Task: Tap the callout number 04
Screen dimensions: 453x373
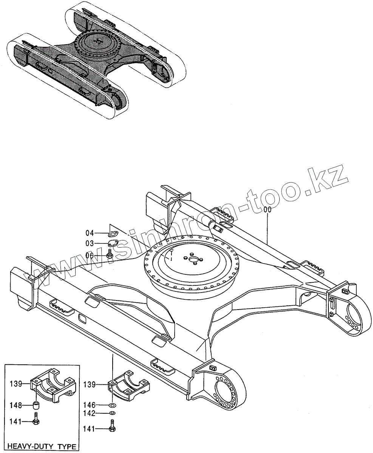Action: [x=89, y=233]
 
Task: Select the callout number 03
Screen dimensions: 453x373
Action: [x=89, y=244]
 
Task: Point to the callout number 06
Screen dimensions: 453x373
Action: [x=89, y=255]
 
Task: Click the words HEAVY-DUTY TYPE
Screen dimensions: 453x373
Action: [x=42, y=446]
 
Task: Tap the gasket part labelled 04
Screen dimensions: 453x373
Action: [x=113, y=232]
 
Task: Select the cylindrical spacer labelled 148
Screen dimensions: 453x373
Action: [x=36, y=406]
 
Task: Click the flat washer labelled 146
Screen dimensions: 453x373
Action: [x=113, y=405]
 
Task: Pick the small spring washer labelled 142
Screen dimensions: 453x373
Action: [x=112, y=414]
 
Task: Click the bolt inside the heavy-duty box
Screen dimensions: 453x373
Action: [x=36, y=421]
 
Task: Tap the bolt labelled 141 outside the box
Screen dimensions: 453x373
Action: [x=112, y=428]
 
